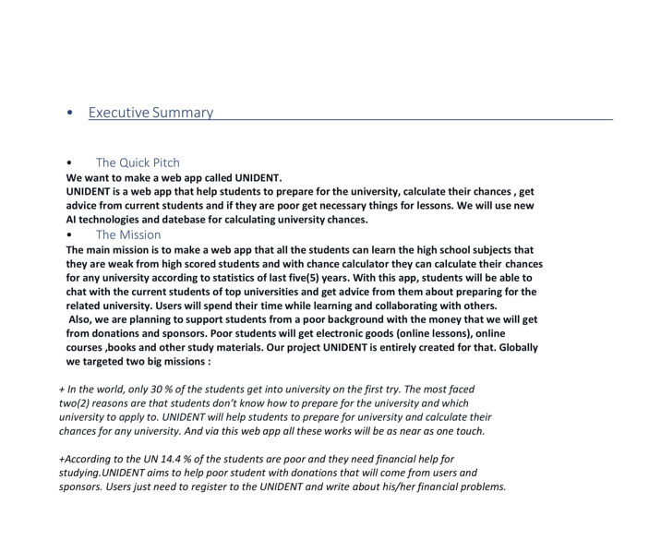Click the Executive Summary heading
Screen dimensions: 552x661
[150, 113]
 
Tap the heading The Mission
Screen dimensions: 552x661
[127, 234]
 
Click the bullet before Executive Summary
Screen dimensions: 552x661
[71, 114]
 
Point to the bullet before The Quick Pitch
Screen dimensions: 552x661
[70, 163]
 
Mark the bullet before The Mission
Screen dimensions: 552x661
[70, 234]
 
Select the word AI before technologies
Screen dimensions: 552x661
[73, 220]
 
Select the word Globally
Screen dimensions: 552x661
[511, 348]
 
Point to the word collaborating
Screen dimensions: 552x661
[401, 306]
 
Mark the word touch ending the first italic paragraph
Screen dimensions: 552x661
[469, 431]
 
